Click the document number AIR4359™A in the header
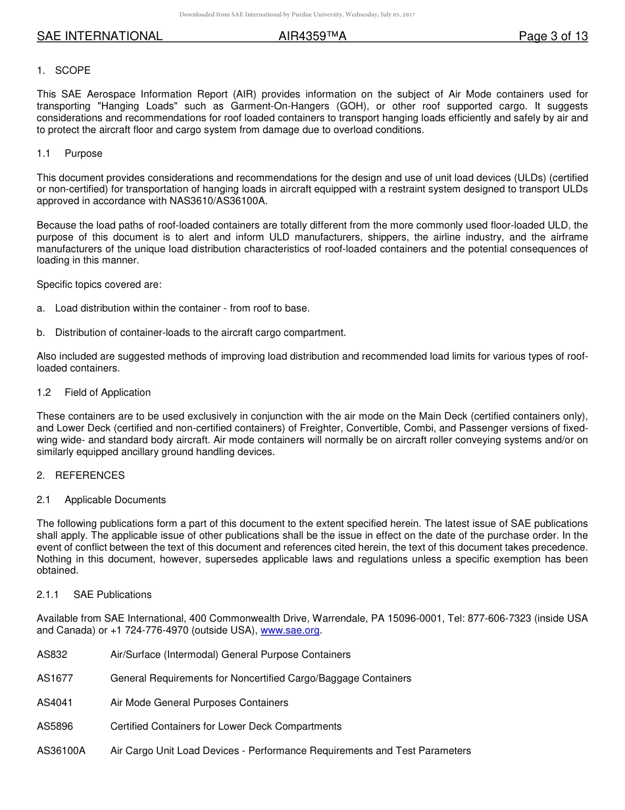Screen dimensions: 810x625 coord(312,37)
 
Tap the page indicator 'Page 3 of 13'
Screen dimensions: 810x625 coord(553,37)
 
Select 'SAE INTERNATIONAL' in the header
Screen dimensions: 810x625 coord(99,37)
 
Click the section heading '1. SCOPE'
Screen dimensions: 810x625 coord(64,70)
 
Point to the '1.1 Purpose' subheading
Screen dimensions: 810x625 coord(70,153)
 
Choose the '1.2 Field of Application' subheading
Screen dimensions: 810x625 coord(94,392)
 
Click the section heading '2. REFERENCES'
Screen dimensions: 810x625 coord(81,475)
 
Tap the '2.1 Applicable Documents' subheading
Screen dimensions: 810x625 coord(101,500)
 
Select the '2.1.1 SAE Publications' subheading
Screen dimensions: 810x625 coord(94,595)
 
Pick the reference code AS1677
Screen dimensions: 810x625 coord(55,678)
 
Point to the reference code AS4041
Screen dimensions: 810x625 coord(55,703)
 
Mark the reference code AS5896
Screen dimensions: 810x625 coord(55,726)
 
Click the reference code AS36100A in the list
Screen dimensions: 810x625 coord(61,751)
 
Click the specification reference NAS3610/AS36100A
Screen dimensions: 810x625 coord(217,201)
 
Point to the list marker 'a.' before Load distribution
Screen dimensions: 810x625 coord(41,308)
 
